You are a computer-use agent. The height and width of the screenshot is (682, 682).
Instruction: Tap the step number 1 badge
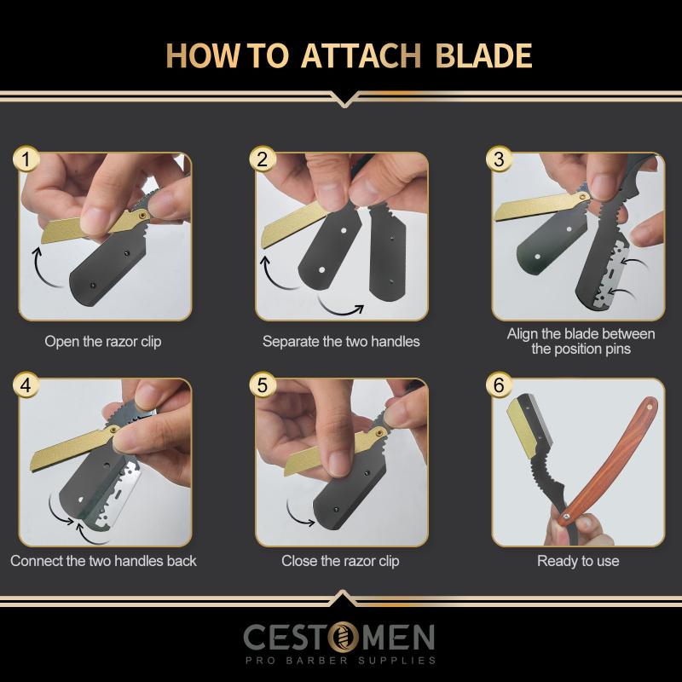[x=28, y=159]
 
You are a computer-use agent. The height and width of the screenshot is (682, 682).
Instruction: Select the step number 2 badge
[x=263, y=159]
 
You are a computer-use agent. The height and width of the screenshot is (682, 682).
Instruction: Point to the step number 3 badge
[x=499, y=159]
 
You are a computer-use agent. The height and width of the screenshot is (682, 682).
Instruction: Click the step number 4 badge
[x=28, y=385]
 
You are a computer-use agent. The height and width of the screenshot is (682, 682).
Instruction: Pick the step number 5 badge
[x=263, y=385]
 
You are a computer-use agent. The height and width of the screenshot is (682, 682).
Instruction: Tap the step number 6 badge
[x=499, y=385]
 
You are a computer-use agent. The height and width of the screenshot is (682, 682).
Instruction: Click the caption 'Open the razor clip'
[x=103, y=342]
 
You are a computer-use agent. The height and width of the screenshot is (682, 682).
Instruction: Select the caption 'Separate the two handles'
[x=341, y=342]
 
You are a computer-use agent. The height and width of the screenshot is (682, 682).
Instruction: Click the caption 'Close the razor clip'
[x=340, y=561]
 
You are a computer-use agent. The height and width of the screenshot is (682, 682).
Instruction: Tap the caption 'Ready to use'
[x=578, y=561]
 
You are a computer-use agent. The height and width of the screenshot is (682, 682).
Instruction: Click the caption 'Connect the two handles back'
[x=103, y=561]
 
